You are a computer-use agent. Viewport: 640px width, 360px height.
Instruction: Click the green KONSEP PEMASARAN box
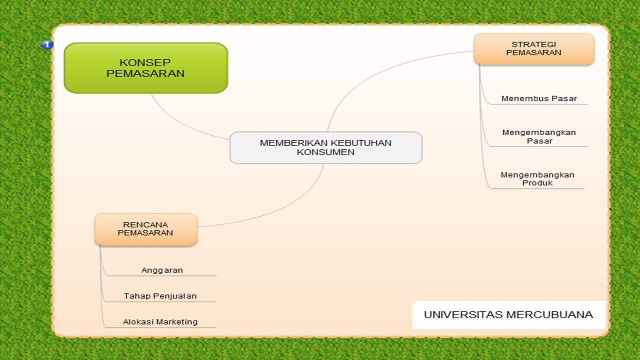(145, 68)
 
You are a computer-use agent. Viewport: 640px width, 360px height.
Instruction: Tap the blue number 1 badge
(46, 44)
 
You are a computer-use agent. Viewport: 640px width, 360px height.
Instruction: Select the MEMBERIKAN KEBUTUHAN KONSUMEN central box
(325, 147)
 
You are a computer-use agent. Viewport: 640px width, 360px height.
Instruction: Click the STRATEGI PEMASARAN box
(533, 48)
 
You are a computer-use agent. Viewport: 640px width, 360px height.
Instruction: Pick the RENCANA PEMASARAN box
(145, 229)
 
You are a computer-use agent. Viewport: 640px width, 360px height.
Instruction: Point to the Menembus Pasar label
(539, 98)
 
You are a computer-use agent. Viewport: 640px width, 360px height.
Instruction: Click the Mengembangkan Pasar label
(539, 136)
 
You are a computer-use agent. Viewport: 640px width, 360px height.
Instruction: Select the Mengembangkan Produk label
(537, 178)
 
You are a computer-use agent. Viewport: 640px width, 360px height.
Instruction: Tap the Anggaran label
(162, 270)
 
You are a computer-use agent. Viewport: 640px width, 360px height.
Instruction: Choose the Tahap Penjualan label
(160, 296)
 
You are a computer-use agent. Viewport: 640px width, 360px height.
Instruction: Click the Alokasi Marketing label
(160, 322)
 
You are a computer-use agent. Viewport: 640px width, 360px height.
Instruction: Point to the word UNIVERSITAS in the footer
(463, 314)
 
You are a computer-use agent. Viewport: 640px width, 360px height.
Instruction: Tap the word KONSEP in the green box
(145, 62)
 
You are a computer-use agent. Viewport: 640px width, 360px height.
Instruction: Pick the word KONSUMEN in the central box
(325, 152)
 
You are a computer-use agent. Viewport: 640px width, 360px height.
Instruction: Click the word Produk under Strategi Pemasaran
(537, 183)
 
